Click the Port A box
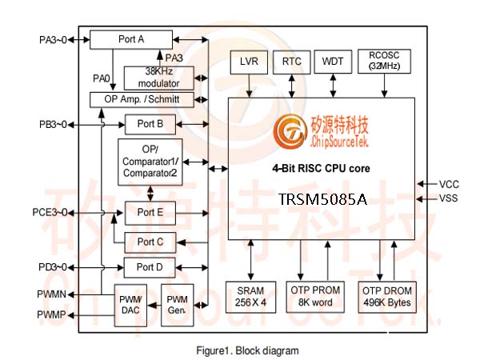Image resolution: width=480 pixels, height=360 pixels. click(131, 39)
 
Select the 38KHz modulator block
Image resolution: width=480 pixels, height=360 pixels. click(159, 78)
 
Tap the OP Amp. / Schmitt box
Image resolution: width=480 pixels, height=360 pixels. click(142, 99)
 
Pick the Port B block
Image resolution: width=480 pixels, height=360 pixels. click(150, 124)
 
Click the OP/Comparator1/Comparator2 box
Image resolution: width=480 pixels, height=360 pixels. click(150, 162)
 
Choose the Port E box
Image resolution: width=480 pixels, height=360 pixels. click(150, 213)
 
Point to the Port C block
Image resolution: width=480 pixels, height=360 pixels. click(150, 242)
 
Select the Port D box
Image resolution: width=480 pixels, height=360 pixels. click(150, 267)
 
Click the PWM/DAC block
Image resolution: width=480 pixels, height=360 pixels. click(130, 306)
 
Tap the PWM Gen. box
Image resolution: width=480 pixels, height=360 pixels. click(178, 305)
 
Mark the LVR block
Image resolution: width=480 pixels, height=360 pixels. click(249, 62)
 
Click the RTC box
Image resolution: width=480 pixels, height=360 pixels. click(292, 62)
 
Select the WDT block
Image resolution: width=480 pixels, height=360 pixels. click(333, 62)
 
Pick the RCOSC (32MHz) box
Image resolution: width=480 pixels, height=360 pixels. click(384, 62)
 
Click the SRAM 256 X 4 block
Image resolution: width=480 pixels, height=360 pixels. click(250, 297)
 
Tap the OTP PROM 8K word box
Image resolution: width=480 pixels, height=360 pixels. click(315, 297)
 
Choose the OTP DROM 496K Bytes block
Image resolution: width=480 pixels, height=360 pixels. click(387, 297)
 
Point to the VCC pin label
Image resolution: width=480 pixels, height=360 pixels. click(449, 184)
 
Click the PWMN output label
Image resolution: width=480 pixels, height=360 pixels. click(51, 294)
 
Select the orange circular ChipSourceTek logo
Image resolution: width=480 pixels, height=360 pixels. click(290, 132)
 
